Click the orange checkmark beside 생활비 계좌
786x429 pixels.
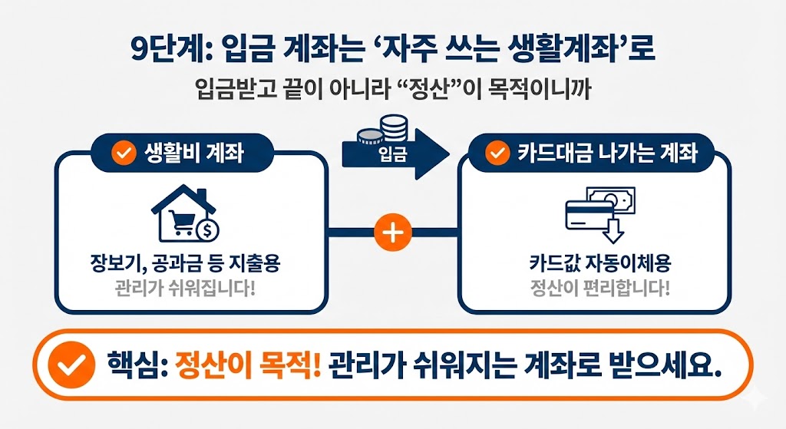pos(122,153)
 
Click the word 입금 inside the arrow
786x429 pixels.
pos(393,154)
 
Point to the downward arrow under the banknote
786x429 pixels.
pos(614,229)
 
